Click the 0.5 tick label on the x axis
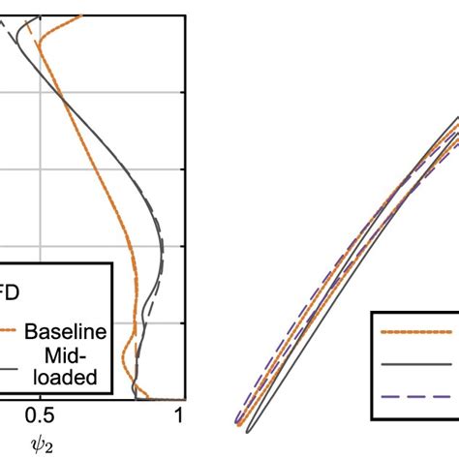pyautogui.click(x=40, y=417)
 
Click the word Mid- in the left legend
pyautogui.click(x=78, y=357)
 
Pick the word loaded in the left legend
pyautogui.click(x=73, y=378)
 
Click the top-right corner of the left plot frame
pyautogui.click(x=187, y=15)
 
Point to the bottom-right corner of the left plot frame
pyautogui.click(x=187, y=400)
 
